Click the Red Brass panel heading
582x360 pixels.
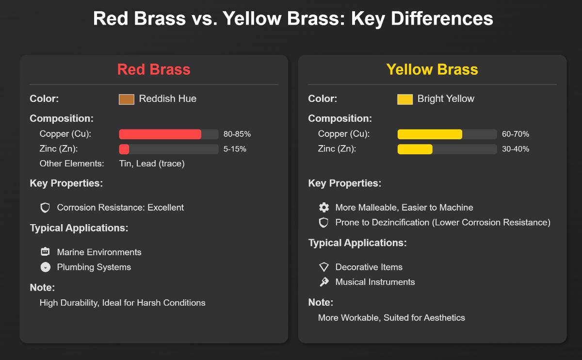154,69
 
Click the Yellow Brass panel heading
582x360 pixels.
432,69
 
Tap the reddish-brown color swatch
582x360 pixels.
127,99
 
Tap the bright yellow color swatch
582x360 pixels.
405,99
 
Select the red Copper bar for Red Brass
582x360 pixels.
160,134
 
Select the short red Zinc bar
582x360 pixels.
124,149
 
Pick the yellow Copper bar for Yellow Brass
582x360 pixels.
430,134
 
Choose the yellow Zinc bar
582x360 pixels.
415,149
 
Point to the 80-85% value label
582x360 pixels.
237,134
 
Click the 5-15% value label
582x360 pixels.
235,149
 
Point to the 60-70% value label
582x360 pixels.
515,134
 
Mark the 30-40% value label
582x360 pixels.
515,149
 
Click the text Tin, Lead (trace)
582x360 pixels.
152,164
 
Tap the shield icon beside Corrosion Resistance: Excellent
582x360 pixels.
45,208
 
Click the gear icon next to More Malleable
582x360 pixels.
323,208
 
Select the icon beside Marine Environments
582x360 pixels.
45,252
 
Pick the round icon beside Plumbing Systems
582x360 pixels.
45,267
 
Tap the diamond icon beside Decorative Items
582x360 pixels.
323,267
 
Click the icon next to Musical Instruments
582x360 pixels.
323,282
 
